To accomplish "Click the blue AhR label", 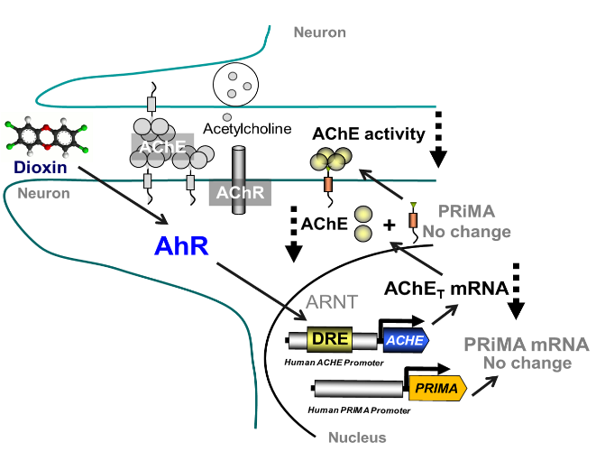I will tap(178, 245).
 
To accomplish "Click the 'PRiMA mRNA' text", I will tap(526, 345).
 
